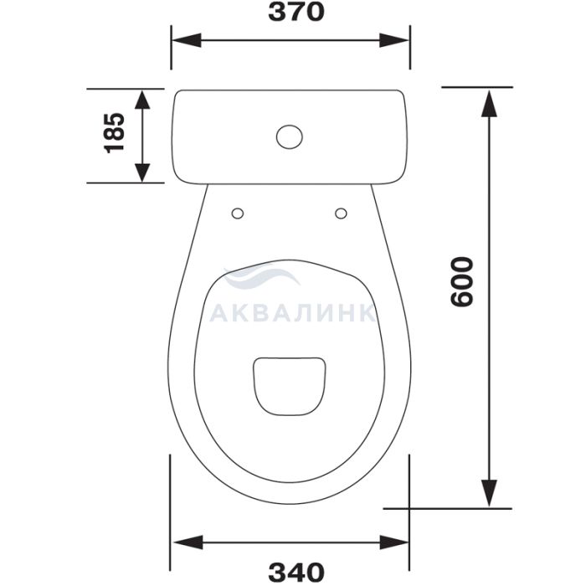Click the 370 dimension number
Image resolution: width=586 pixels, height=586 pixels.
coord(296,12)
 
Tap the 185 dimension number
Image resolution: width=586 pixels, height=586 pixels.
coord(114,132)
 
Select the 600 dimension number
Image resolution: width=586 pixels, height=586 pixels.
coord(462,282)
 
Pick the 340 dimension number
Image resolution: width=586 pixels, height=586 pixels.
coord(296,572)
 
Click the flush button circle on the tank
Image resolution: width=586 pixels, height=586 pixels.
coord(290,136)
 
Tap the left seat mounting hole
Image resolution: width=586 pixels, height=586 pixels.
coord(238,213)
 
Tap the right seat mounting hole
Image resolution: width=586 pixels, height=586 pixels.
coord(341,213)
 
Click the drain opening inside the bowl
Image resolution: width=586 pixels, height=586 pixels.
coord(290,386)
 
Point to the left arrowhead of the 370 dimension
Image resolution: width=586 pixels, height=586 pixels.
coord(187,40)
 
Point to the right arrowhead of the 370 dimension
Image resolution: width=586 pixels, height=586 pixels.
coord(394,40)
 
